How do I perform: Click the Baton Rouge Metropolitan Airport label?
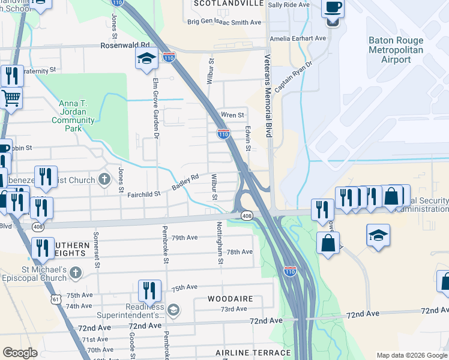coord(396,50)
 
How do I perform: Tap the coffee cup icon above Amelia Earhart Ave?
coord(332,9)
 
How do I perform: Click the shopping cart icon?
coord(11,97)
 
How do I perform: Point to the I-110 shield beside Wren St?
coord(223,134)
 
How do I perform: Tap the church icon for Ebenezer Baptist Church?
coord(104,179)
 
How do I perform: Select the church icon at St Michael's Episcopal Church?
coord(75,273)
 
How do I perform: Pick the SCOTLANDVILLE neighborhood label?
coord(228,4)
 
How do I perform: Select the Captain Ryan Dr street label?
coord(294,76)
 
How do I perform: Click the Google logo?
coord(20,353)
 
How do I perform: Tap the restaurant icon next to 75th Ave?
coord(149,290)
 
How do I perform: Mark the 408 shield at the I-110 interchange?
coord(247,215)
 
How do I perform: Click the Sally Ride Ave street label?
coord(289,4)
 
